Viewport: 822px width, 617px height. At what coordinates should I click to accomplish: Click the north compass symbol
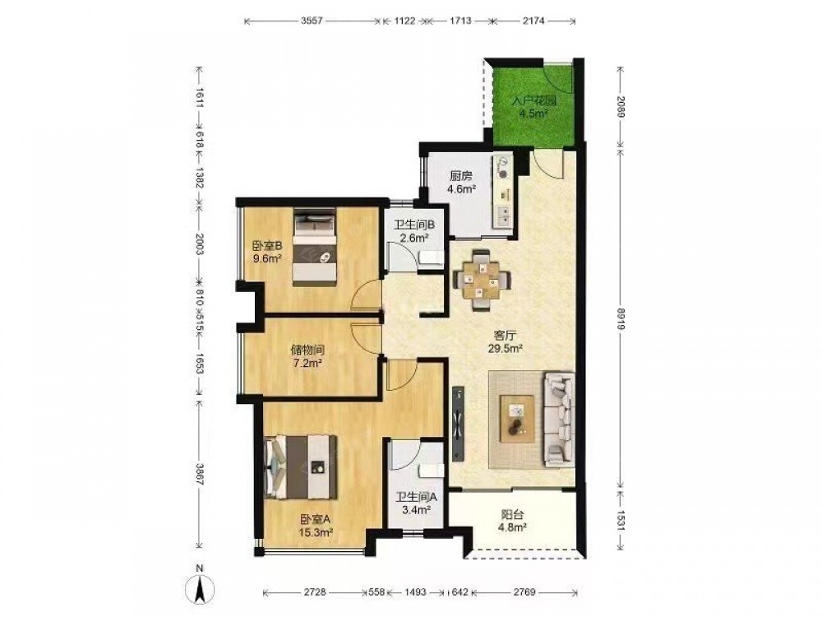point(199,584)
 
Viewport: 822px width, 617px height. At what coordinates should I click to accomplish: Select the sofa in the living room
point(559,420)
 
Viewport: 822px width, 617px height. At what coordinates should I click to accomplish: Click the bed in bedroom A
point(302,467)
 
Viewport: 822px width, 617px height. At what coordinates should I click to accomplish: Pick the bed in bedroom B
point(314,247)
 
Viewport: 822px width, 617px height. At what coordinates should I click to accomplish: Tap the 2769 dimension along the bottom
point(524,592)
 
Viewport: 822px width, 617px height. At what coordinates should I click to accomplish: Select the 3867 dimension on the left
point(199,476)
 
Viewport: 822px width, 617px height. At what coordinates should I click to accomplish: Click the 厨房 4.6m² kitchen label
point(462,183)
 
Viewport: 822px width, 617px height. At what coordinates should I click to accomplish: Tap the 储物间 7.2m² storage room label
point(307,355)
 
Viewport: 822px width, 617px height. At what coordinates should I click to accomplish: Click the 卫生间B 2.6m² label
point(414,231)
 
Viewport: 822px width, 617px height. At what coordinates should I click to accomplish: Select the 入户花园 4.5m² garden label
point(533,106)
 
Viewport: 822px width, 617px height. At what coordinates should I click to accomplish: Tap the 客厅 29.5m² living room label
point(502,341)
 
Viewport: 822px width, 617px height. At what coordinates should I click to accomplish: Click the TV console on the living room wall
point(458,422)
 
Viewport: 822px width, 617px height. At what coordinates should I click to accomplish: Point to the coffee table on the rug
point(517,420)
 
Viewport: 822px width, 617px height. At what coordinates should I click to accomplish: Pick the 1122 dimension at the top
point(404,21)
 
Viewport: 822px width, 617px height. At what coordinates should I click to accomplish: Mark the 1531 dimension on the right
point(621,521)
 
